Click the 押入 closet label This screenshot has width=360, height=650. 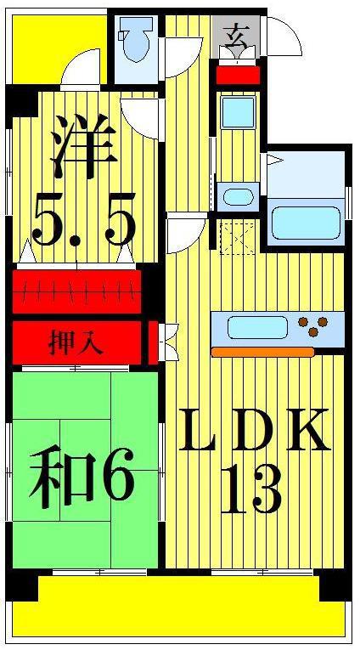click(x=76, y=343)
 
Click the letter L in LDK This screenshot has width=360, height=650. click(x=196, y=430)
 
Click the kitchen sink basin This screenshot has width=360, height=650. click(x=257, y=327)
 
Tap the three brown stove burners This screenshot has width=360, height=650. click(x=313, y=325)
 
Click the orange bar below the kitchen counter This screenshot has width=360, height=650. click(x=262, y=353)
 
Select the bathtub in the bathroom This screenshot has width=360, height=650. click(x=306, y=223)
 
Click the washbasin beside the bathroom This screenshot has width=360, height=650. click(x=238, y=197)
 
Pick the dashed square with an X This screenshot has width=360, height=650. click(x=238, y=239)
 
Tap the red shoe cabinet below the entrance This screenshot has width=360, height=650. click(x=239, y=75)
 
